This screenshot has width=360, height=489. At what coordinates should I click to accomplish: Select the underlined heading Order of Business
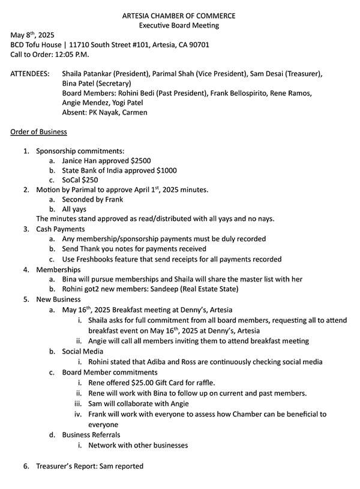(38, 131)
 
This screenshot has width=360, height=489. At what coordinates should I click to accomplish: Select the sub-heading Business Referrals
(91, 434)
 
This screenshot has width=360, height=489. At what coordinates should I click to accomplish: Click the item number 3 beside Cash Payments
(26, 229)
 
